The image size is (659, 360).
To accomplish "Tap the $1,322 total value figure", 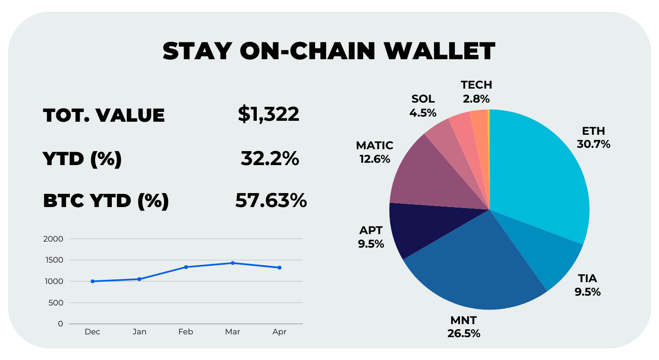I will pos(269,114).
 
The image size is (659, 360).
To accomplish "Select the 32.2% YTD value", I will pos(270,159).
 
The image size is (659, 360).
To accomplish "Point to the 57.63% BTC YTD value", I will pos(271,201).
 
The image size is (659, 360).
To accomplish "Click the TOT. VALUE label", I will pos(104,115).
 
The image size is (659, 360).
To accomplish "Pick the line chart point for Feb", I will pos(186,267).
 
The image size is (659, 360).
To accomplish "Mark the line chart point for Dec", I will pos(93,281).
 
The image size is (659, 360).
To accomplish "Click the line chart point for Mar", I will pos(233,263).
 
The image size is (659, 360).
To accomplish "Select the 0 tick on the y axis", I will pos(61,324).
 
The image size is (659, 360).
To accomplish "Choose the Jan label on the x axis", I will pos(139,332).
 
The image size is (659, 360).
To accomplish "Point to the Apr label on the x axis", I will pos(279,332).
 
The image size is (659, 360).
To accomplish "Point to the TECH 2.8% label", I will pos(476,92).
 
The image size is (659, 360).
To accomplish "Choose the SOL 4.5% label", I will pos(423,106).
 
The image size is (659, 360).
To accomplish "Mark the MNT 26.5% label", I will pos(463,327).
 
